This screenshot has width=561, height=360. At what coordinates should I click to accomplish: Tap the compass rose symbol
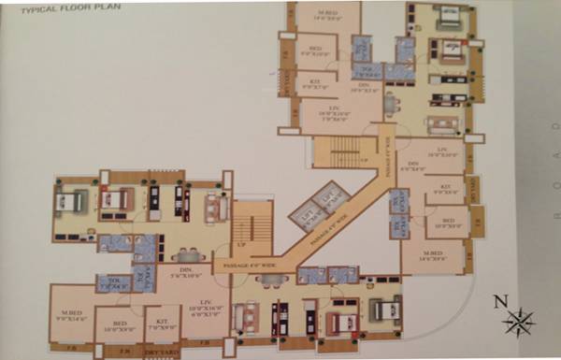[517, 321]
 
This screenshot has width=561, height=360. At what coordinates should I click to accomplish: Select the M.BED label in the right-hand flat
[432, 254]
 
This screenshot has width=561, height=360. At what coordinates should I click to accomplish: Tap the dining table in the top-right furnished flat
[390, 103]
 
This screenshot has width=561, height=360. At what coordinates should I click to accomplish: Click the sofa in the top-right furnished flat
[439, 124]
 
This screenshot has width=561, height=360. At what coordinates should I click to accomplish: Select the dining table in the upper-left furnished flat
[188, 254]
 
